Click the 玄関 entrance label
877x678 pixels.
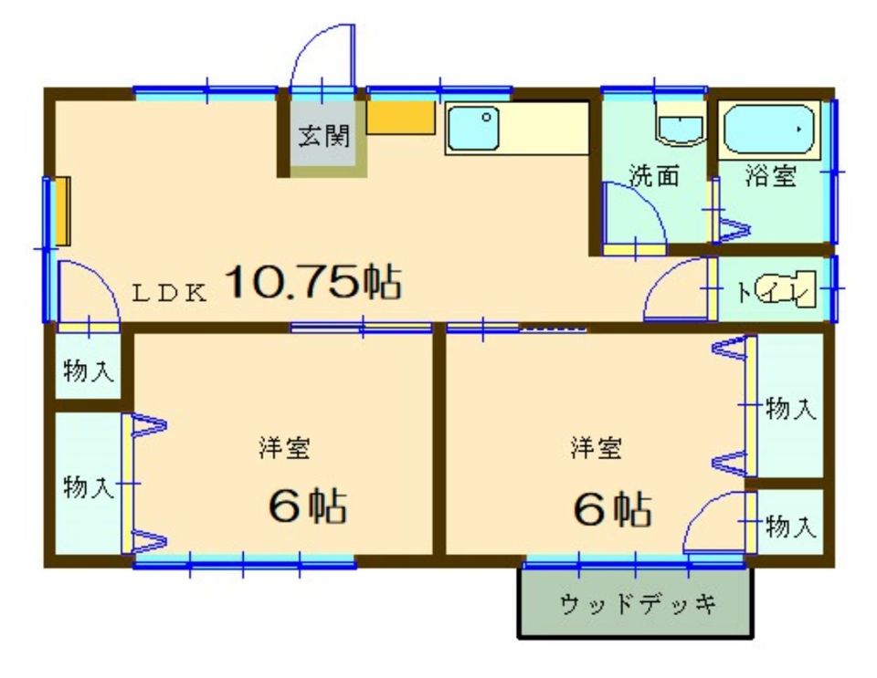coord(323,136)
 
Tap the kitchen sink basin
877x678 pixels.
coord(473,129)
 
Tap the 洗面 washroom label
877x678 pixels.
coord(654,176)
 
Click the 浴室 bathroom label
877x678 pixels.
coord(771,176)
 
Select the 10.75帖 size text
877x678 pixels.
coord(313,282)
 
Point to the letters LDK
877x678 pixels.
coord(169,293)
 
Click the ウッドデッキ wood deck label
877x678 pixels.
coord(637,603)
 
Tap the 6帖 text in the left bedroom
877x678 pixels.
coord(308,506)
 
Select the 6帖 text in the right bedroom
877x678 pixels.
coord(613,509)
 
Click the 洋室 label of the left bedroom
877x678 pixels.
coord(284,448)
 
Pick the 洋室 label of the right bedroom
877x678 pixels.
coord(596,448)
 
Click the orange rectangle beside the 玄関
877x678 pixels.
coord(400,118)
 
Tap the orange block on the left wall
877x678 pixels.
coord(63,211)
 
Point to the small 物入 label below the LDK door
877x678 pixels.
coord(89,370)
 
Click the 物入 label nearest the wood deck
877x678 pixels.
coord(791,527)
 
